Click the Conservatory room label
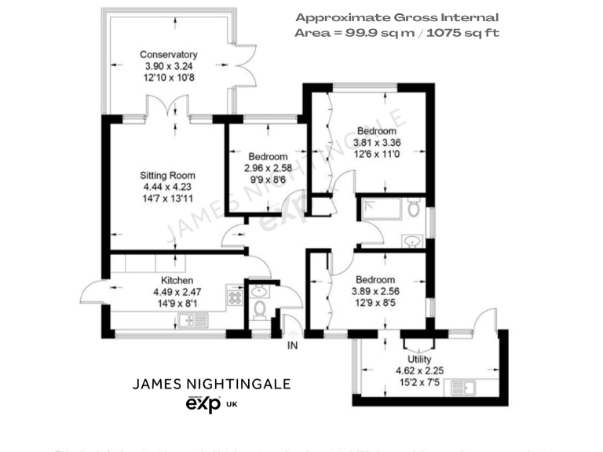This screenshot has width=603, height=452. tap(168, 55)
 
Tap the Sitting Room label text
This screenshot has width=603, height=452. tap(167, 176)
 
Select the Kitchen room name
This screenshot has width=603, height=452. tap(177, 281)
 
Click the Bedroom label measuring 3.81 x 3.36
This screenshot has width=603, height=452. tap(376, 131)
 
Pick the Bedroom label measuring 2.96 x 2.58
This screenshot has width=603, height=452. tap(267, 157)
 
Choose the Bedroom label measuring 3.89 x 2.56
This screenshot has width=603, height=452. tap(375, 280)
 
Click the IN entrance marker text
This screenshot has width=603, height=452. tap(293, 345)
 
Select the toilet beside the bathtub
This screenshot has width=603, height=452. tap(415, 210)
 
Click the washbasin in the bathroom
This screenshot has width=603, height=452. tap(411, 240)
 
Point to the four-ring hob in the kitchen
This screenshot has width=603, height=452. tap(234, 297)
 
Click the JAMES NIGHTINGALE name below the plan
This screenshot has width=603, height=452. tap(211, 385)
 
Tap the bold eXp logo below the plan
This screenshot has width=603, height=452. tap(203, 404)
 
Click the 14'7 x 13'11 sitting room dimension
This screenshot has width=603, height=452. tap(167, 199)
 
